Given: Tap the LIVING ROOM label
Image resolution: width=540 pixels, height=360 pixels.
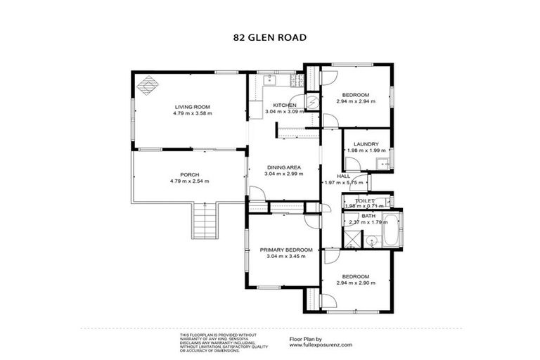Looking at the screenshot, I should coord(193,106).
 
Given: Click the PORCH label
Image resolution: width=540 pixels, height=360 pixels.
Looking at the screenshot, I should coord(189,174).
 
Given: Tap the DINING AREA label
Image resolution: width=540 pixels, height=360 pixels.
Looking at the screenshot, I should coord(283,167).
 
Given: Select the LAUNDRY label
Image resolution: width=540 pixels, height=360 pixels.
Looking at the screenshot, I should coord(366,144).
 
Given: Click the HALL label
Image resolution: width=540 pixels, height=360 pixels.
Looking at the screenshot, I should coord(344,176).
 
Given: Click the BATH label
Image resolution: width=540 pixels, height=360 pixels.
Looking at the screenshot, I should coord(368,216).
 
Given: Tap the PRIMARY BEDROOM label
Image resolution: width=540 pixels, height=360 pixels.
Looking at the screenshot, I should coord(286,250).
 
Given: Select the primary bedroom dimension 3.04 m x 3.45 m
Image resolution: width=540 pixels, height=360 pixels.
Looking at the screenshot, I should coord(286,256).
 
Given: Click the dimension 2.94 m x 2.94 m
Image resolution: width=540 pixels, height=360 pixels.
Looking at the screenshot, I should coord(355,101).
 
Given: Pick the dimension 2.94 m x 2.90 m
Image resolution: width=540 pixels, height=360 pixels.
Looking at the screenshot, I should coord(355,282).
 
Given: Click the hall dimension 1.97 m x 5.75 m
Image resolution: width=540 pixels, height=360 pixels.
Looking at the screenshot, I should coord(344,183).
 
